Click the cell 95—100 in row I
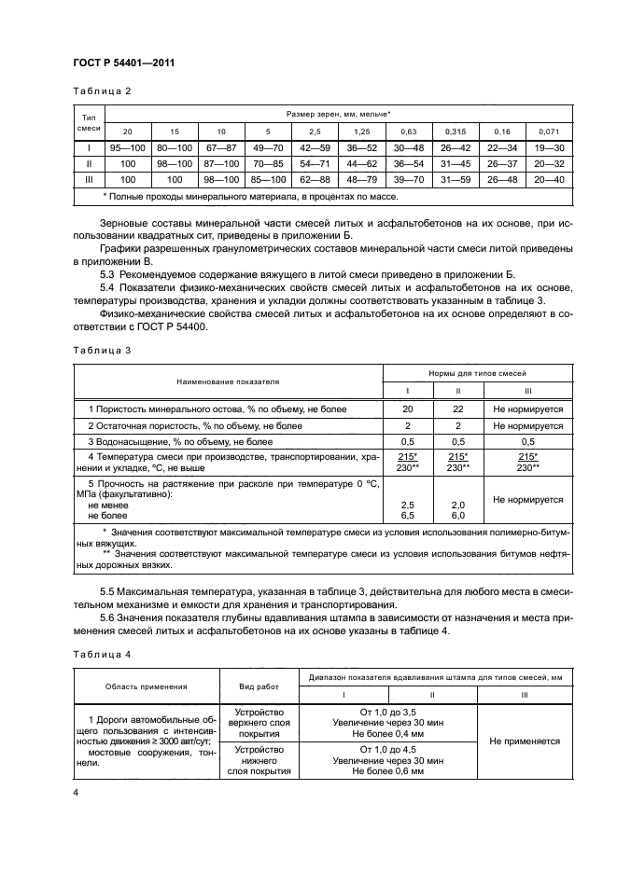pyautogui.click(x=128, y=147)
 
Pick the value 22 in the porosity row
pyautogui.click(x=457, y=409)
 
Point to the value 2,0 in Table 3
pyautogui.click(x=457, y=503)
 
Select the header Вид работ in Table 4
pyautogui.click(x=259, y=686)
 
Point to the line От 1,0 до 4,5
pyautogui.click(x=386, y=750)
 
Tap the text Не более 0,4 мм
pyautogui.click(x=386, y=733)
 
